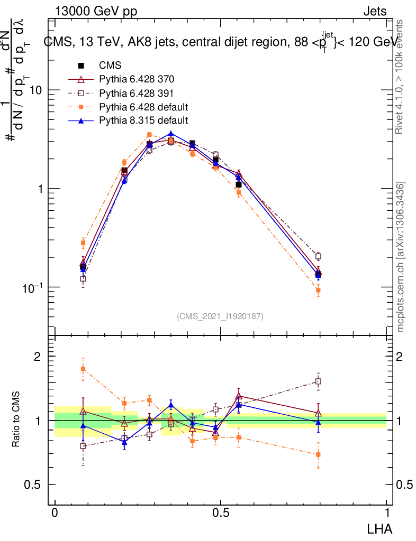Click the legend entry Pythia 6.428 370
(x=137, y=79)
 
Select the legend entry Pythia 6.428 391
(x=137, y=93)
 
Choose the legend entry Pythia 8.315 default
(x=143, y=120)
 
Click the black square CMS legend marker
(x=82, y=66)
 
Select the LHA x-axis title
(x=379, y=528)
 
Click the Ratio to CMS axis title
(x=16, y=420)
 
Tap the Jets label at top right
(x=375, y=11)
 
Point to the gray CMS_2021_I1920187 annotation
(x=220, y=316)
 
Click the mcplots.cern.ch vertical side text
(x=401, y=257)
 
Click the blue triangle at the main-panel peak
(x=170, y=134)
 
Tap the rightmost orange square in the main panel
(x=318, y=290)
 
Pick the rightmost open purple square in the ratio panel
(x=318, y=381)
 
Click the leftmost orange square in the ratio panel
(x=83, y=368)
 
